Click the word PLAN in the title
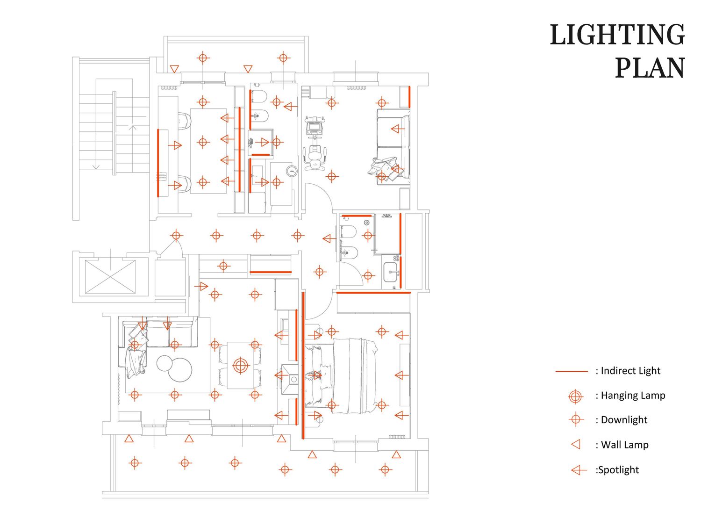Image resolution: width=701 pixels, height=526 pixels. point(650,68)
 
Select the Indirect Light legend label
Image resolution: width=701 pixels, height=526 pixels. point(630,370)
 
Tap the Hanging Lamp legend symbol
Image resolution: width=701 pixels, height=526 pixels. point(575,396)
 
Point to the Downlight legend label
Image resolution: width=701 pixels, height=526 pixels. point(624,420)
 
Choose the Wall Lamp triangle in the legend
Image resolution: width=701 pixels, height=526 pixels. point(575,444)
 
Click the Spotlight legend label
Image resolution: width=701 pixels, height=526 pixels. point(617,470)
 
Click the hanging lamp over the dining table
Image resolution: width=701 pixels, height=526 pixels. point(241,366)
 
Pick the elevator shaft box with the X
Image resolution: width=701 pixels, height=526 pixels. point(110,276)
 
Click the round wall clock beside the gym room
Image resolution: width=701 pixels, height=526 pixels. point(292,171)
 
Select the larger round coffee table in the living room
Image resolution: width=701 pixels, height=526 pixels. point(180,369)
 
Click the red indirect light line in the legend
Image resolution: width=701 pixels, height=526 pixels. point(572,371)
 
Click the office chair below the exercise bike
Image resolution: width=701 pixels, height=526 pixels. point(315,158)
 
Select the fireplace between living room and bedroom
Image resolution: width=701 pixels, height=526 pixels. point(289,380)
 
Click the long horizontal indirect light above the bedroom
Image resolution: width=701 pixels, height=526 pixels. point(373,293)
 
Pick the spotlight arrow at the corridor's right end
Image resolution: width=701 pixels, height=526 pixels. point(329,238)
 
